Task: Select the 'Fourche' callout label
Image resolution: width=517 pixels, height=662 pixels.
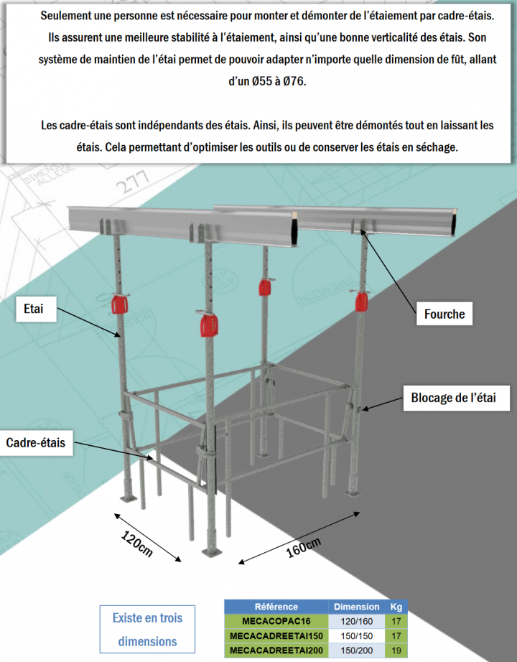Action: click(444, 314)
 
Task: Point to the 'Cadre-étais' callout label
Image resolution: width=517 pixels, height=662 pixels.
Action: click(36, 443)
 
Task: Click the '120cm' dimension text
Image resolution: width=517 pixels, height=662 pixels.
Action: click(136, 544)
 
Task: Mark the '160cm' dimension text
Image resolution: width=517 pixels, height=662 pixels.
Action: click(303, 548)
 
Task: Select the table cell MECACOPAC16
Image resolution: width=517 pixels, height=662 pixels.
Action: click(276, 621)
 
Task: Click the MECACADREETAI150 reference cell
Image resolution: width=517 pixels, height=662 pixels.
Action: click(276, 636)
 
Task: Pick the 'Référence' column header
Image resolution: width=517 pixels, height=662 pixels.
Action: click(276, 607)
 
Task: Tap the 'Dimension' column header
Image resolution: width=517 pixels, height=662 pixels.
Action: click(357, 607)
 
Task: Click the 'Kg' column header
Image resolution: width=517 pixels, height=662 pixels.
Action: click(396, 607)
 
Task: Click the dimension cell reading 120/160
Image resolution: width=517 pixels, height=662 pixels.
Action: click(357, 621)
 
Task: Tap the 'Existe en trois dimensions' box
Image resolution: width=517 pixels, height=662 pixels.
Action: click(147, 629)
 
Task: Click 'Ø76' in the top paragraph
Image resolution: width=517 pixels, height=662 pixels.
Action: click(295, 82)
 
